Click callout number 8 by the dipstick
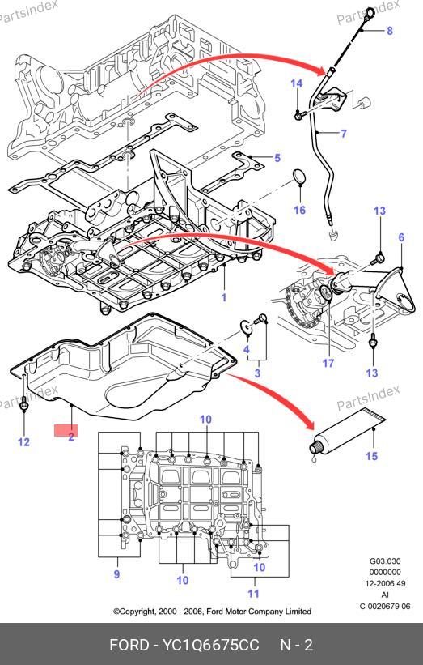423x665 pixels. pyautogui.click(x=390, y=31)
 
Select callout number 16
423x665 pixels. pyautogui.click(x=299, y=210)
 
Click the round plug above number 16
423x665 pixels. pyautogui.click(x=300, y=177)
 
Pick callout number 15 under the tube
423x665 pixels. pyautogui.click(x=371, y=456)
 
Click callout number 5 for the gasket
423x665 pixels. pyautogui.click(x=277, y=158)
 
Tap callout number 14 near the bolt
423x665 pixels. pyautogui.click(x=296, y=83)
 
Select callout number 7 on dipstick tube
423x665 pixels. pyautogui.click(x=344, y=134)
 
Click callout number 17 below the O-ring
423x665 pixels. pyautogui.click(x=328, y=363)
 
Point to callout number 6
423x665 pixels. pyautogui.click(x=401, y=237)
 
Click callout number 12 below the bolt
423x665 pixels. pyautogui.click(x=23, y=442)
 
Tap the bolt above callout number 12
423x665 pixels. pyautogui.click(x=23, y=406)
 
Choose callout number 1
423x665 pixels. pyautogui.click(x=224, y=297)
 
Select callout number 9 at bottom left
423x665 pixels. pyautogui.click(x=116, y=574)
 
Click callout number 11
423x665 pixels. pyautogui.click(x=253, y=594)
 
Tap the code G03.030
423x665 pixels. pyautogui.click(x=385, y=561)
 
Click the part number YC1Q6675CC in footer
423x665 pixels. pyautogui.click(x=211, y=645)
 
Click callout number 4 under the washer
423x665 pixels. pyautogui.click(x=247, y=349)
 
